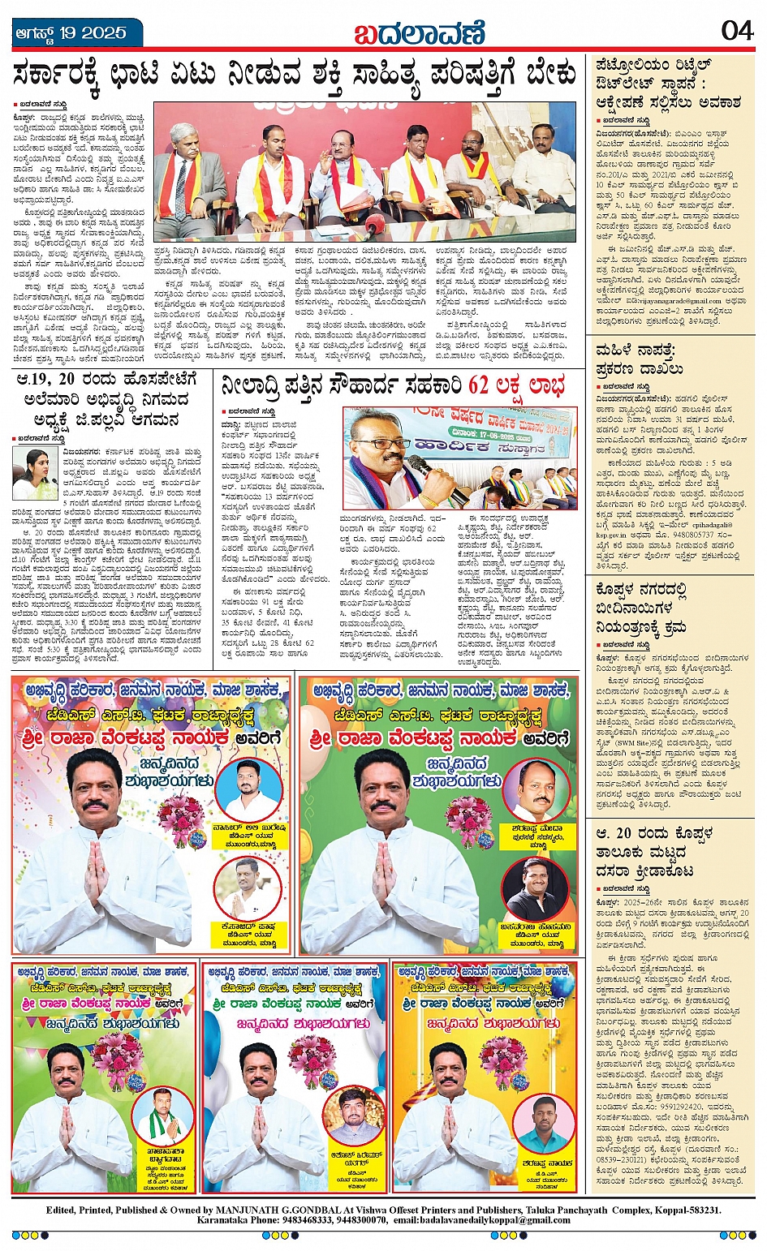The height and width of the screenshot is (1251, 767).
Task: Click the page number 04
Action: point(737,31)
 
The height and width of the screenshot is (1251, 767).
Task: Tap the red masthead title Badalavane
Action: point(419,34)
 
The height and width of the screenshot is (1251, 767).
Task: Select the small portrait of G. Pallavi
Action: point(35,472)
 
